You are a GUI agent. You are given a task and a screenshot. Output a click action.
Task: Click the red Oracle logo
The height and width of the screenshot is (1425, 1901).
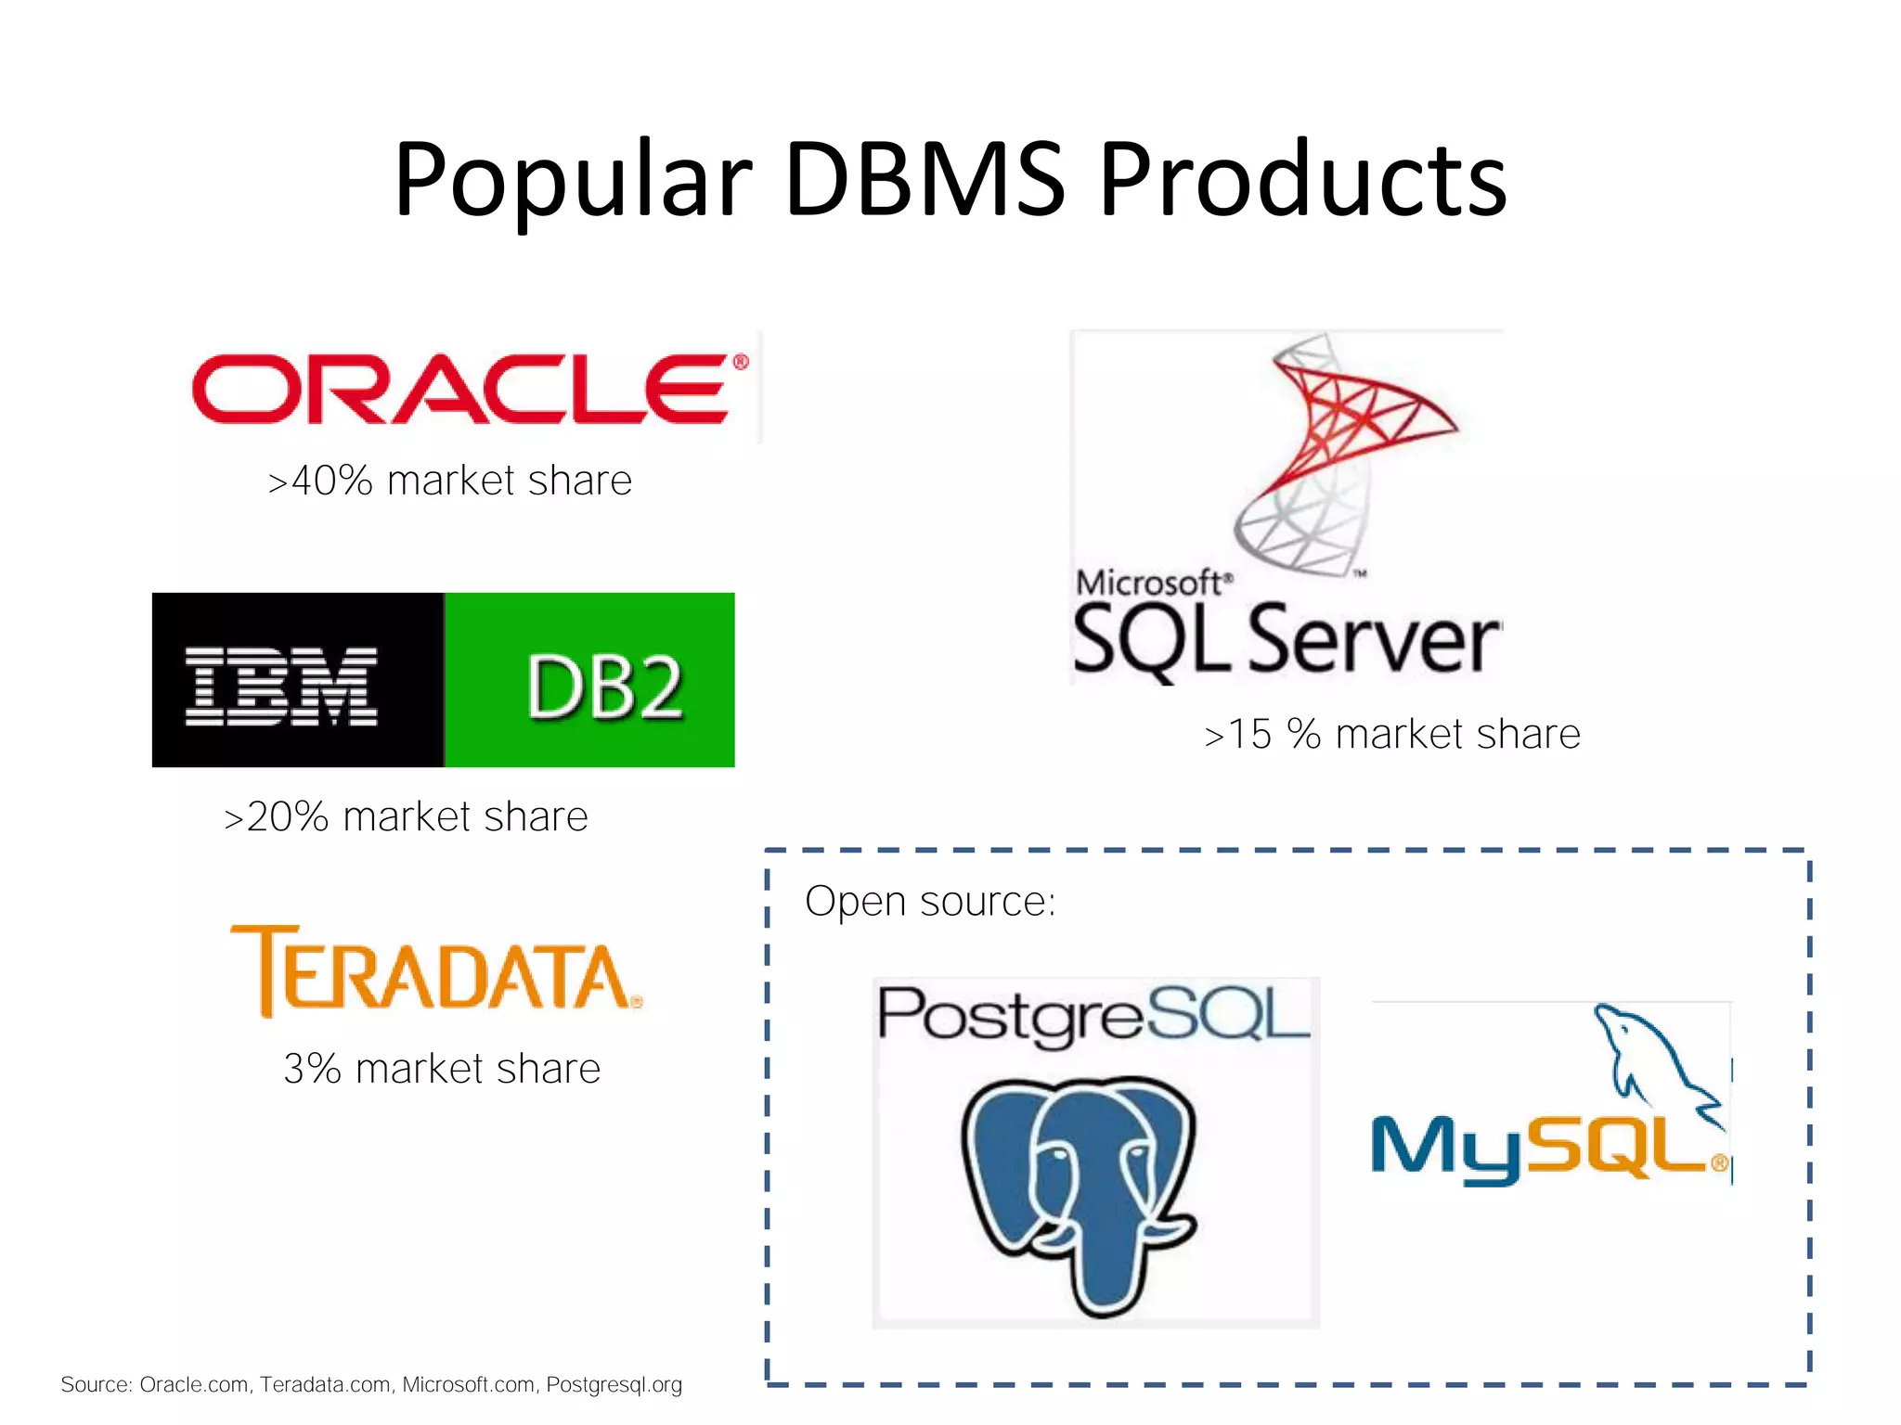click(x=461, y=389)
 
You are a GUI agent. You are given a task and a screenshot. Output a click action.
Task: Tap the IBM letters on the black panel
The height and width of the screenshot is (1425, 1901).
click(x=281, y=686)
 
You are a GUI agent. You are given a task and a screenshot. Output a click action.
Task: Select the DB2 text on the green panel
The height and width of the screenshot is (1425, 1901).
click(x=604, y=687)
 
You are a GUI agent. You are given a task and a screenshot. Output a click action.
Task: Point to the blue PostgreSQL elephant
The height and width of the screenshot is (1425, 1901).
click(x=1079, y=1192)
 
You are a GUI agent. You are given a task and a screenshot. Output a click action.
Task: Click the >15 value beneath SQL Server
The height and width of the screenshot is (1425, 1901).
click(x=1238, y=735)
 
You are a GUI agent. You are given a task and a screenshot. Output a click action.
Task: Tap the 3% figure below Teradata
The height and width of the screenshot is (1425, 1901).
click(x=312, y=1069)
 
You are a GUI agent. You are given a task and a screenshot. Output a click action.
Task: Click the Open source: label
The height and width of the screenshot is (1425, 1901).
click(x=930, y=901)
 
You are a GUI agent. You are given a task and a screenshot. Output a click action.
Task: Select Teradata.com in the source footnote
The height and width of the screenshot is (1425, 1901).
click(x=325, y=1385)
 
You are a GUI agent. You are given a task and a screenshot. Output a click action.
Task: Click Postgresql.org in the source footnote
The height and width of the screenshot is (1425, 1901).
click(x=614, y=1385)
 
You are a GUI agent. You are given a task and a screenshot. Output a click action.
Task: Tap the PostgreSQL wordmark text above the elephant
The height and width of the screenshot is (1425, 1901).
click(x=1093, y=1015)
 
